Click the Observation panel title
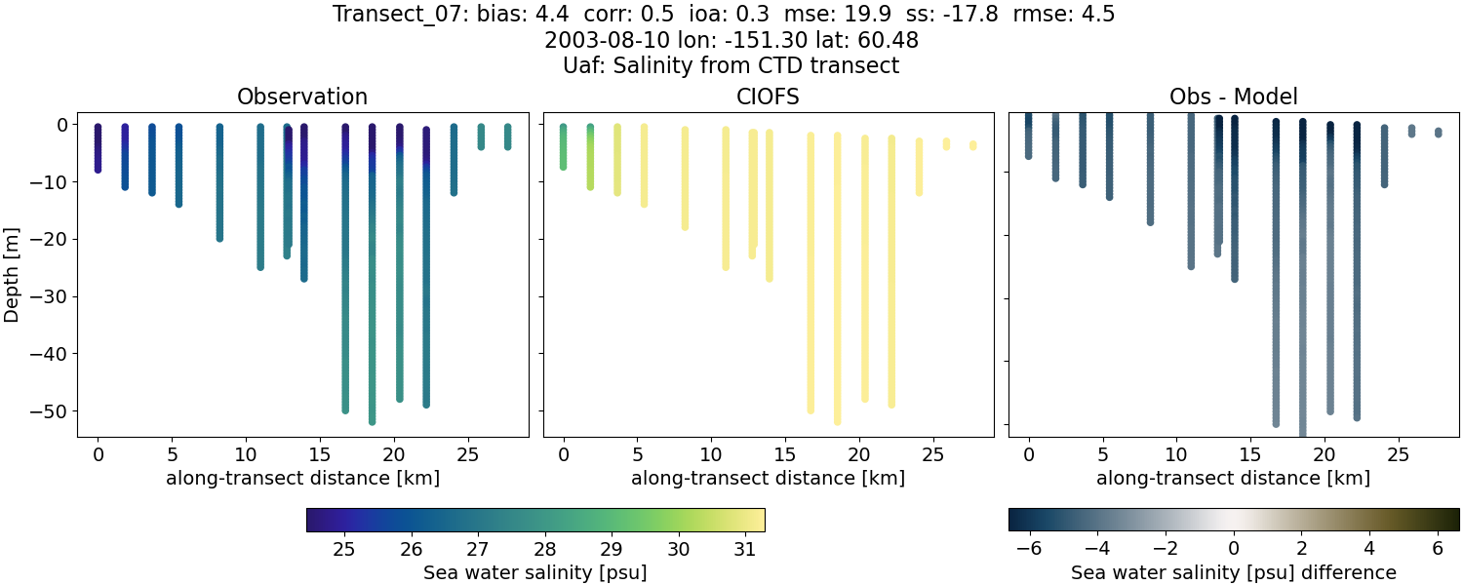point(302,97)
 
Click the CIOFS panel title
point(768,97)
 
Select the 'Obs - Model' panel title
point(1233,97)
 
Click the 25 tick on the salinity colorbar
point(343,549)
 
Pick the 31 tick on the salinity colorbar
point(744,549)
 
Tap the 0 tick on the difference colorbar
point(1234,549)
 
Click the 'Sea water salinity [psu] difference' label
point(1233,572)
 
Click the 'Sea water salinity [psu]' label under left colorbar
point(534,572)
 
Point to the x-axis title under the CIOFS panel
point(768,479)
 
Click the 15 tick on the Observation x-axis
point(319,454)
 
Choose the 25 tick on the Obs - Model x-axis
point(1398,454)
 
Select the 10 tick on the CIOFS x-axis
point(711,454)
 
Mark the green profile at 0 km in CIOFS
point(563,147)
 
